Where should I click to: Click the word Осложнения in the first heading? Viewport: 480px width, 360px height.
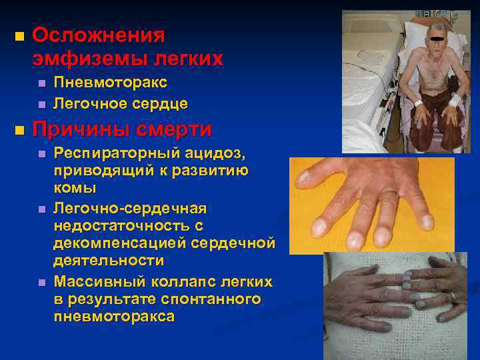point(98,34)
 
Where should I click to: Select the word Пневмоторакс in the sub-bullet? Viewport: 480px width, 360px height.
point(110,83)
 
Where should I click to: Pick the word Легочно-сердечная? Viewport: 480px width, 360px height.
point(130,209)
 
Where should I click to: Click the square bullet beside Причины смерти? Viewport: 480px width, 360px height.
point(19,128)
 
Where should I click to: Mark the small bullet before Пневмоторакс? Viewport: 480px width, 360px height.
point(41,83)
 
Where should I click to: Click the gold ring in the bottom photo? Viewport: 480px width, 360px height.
point(453,296)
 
